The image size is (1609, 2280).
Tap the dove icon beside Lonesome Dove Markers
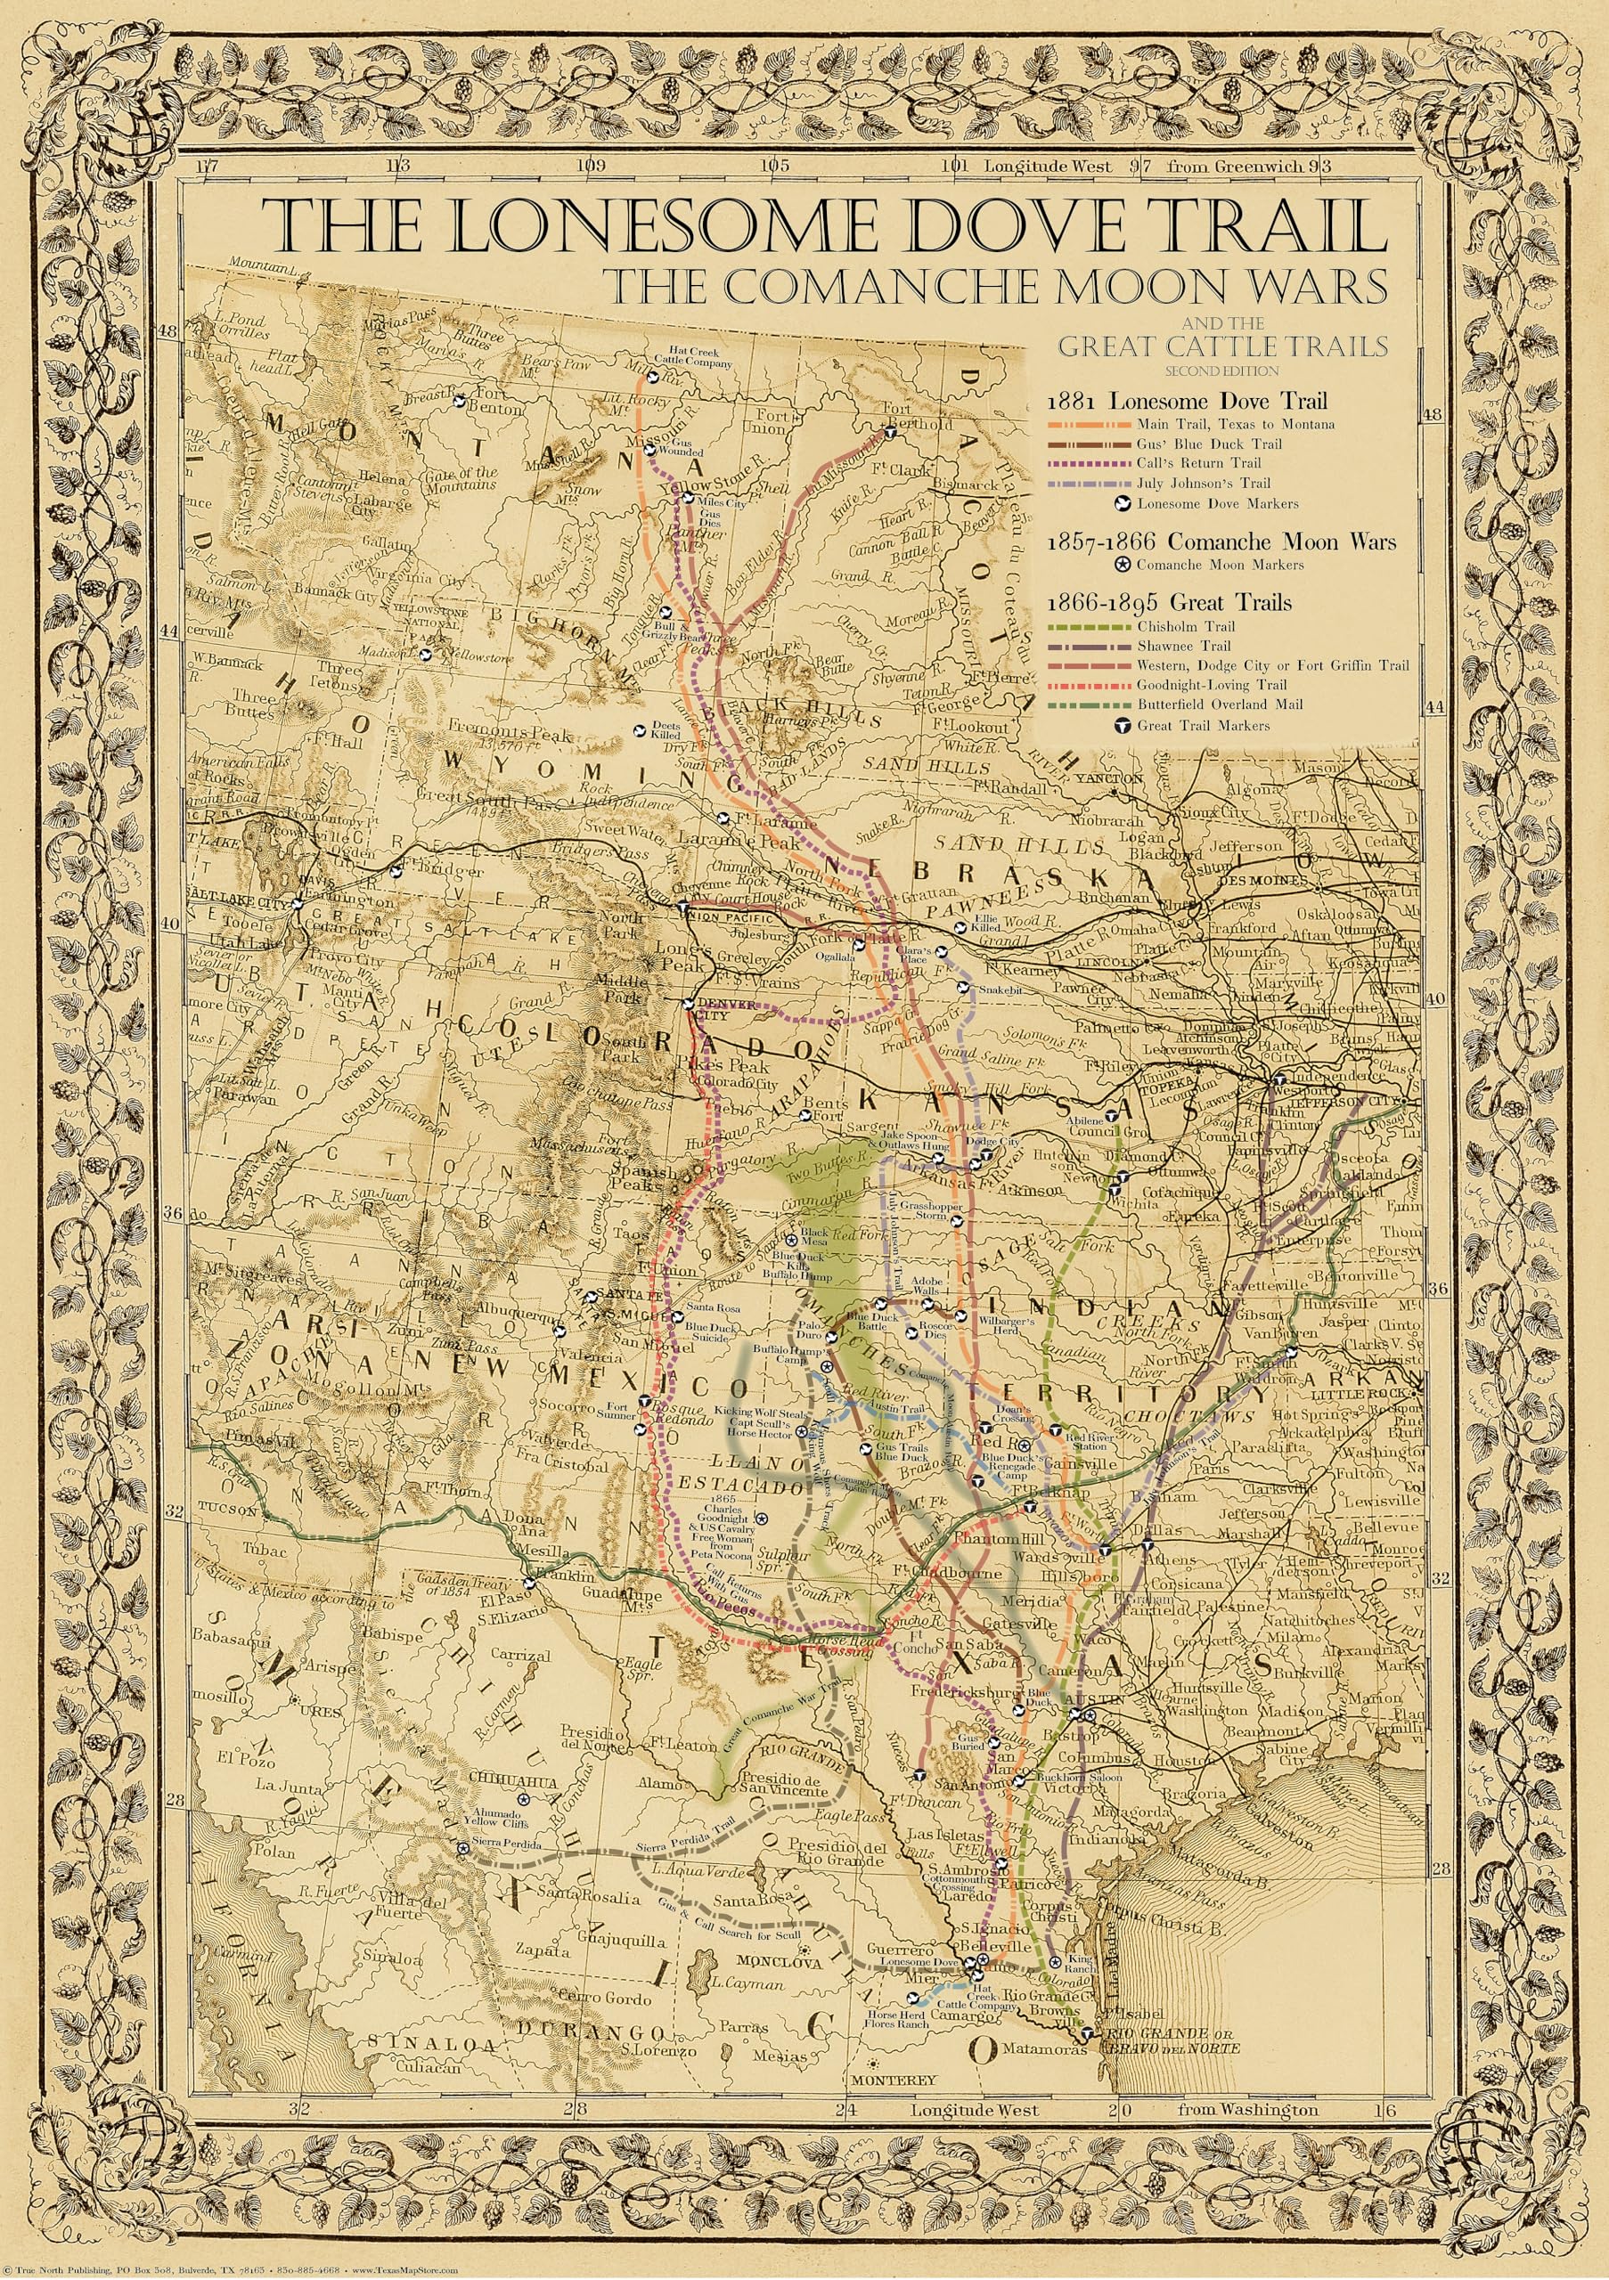click(x=1123, y=503)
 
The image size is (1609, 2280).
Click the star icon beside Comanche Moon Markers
click(x=1123, y=565)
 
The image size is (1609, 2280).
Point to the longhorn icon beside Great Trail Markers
click(x=1123, y=725)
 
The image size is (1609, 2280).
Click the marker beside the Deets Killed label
click(x=641, y=731)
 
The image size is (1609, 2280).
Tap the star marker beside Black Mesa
click(x=792, y=1239)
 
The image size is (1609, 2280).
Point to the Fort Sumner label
click(x=623, y=1411)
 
